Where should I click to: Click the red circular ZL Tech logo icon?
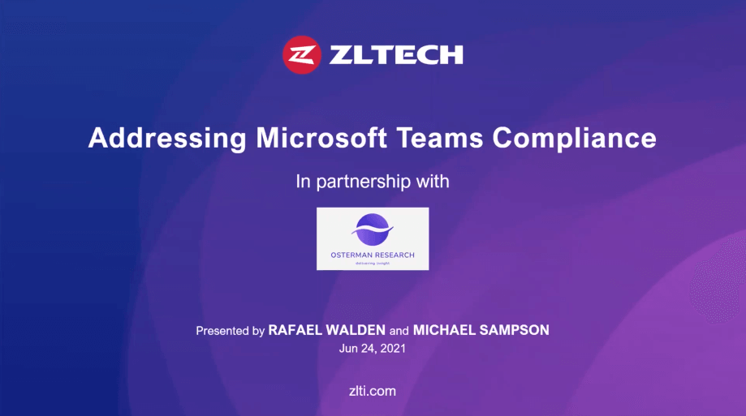(x=302, y=54)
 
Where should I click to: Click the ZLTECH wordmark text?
(x=396, y=54)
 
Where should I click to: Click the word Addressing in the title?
(x=167, y=139)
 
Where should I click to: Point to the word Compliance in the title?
(x=574, y=139)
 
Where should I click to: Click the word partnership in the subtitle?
(x=363, y=182)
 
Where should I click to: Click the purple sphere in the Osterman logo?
(x=373, y=229)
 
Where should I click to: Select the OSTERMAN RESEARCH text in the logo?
(x=373, y=255)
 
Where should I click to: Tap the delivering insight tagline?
(x=373, y=263)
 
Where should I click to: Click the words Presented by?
(x=231, y=331)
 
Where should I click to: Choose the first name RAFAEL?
(x=295, y=330)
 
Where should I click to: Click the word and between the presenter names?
(x=399, y=331)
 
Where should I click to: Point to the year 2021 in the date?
(x=393, y=349)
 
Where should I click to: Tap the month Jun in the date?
(x=348, y=349)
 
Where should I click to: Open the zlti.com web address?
(x=373, y=391)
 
